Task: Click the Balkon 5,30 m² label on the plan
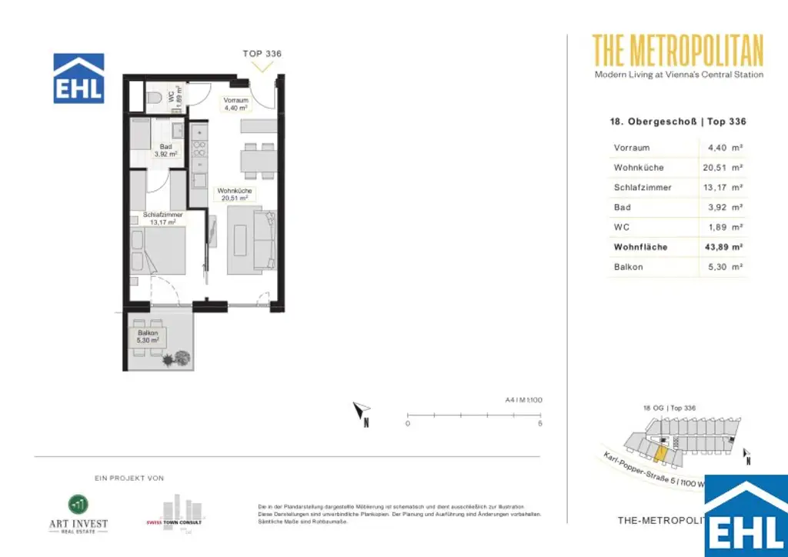(148, 337)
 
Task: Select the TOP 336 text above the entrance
(262, 54)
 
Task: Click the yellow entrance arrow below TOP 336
(263, 67)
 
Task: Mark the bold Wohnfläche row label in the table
(640, 248)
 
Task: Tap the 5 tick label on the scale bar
(540, 424)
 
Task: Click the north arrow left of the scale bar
(361, 414)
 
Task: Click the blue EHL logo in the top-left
(78, 78)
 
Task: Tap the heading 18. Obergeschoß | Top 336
(677, 122)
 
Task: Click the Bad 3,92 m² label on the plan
(165, 151)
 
